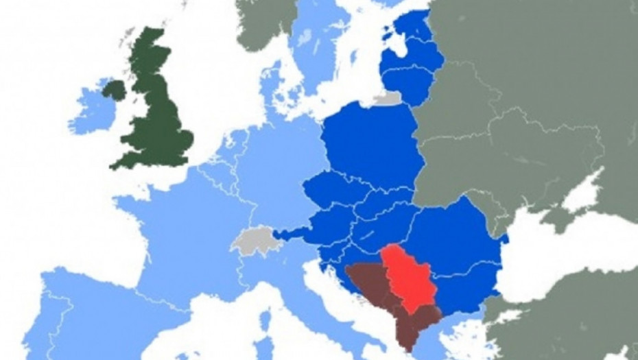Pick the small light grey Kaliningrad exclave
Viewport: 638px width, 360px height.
pyautogui.click(x=388, y=99)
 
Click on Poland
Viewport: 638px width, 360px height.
pyautogui.click(x=370, y=147)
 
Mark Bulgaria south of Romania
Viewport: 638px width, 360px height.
pyautogui.click(x=466, y=288)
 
